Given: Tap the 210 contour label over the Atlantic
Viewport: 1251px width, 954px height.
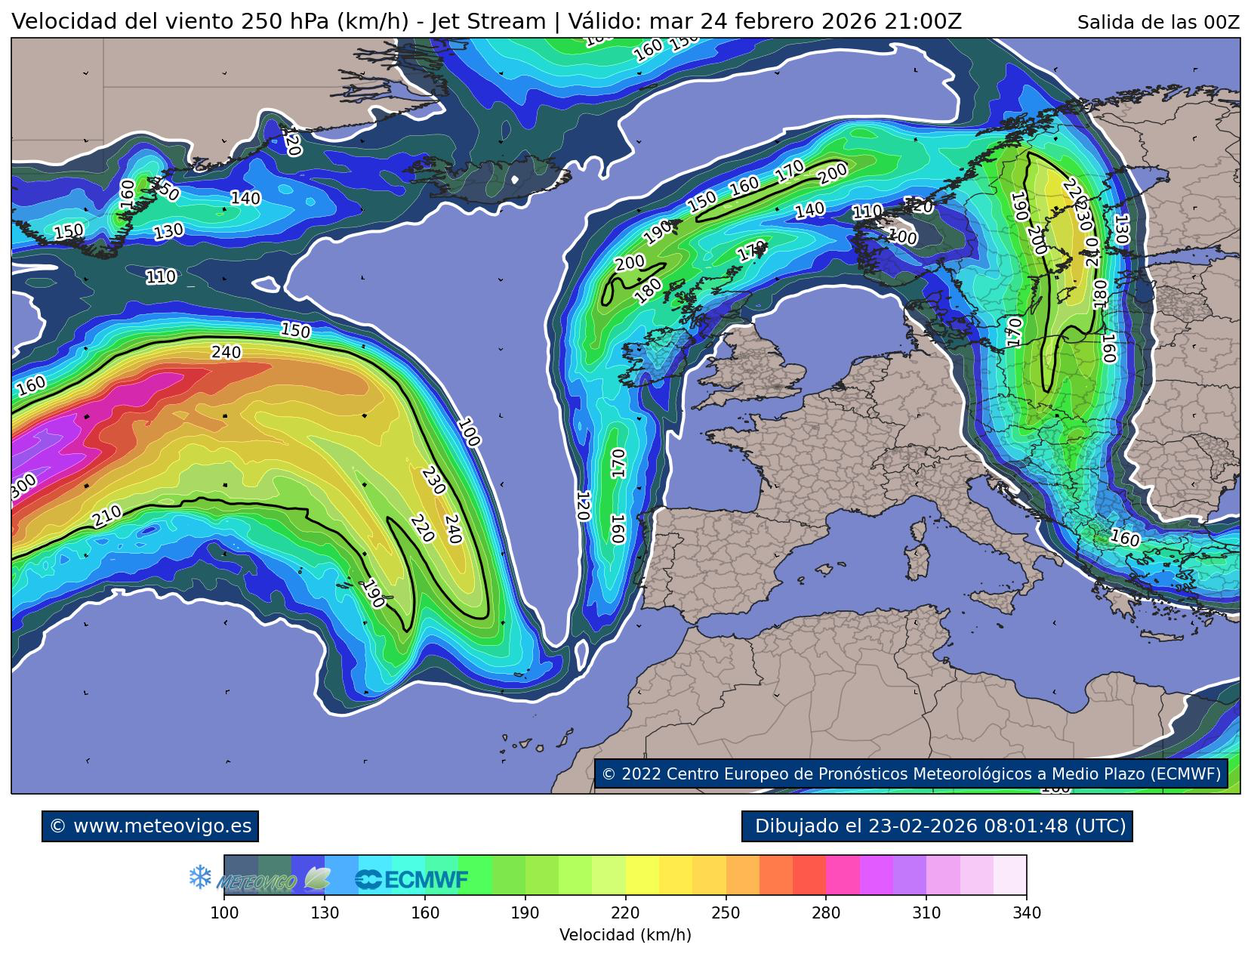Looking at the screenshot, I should pos(107,517).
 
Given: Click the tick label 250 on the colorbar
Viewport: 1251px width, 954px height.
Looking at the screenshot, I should pos(726,913).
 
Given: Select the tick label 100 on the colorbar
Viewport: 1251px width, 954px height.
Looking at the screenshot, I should pos(224,913).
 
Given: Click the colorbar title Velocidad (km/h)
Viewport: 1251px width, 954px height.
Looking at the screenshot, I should pos(625,935).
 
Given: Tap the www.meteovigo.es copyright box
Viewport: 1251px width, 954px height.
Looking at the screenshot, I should pos(150,826).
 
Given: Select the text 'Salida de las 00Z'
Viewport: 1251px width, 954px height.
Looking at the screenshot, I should pos(1157,23).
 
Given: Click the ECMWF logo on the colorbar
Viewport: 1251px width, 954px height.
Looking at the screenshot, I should pos(412,879).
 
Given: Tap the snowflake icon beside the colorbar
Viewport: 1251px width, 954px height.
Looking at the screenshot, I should pos(199,877).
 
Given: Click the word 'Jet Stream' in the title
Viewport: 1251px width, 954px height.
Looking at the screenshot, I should pos(487,22).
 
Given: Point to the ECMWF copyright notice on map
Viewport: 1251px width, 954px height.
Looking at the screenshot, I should pos(911,774).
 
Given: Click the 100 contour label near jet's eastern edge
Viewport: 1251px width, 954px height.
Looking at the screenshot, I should pos(468,433).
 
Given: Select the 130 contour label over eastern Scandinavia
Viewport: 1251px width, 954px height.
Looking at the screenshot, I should pos(1120,229).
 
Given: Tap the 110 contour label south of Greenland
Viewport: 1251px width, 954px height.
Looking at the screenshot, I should pos(161,277).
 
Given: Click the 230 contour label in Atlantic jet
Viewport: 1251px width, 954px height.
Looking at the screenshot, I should pos(433,481).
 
